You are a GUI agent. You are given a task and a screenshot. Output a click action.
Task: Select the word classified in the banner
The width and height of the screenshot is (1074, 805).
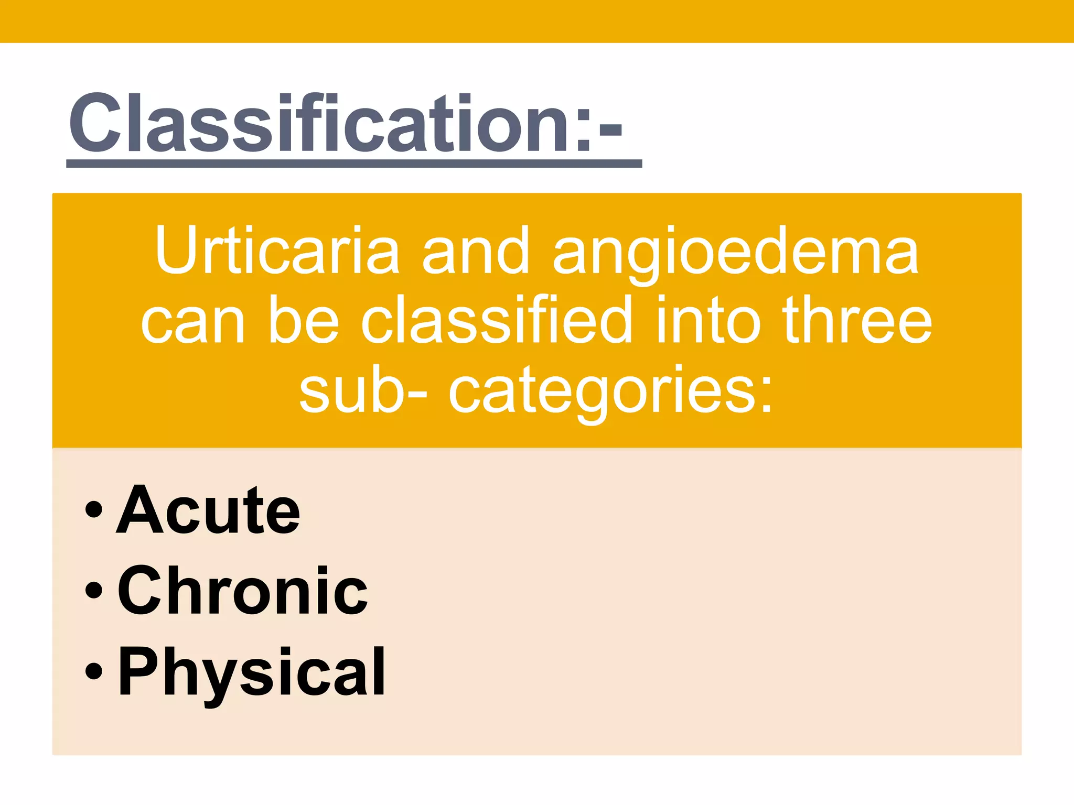496,320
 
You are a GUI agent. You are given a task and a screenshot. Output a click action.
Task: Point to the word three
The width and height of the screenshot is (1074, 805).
857,320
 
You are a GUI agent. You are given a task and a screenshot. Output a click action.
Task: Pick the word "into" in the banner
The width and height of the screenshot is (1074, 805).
708,320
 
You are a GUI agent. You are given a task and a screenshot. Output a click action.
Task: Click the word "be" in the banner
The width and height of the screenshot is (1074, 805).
304,320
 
